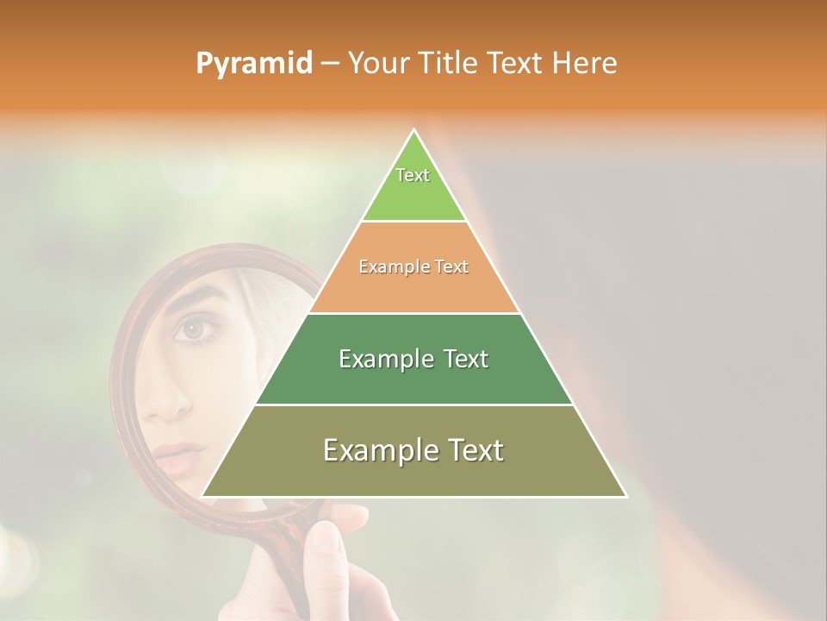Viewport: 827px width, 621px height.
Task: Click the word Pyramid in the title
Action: pyautogui.click(x=253, y=64)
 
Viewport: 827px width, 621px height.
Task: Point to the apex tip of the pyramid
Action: pyautogui.click(x=414, y=131)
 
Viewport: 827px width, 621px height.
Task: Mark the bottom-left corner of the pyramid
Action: pyautogui.click(x=204, y=496)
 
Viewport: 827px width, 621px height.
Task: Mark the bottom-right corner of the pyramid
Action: pyautogui.click(x=625, y=496)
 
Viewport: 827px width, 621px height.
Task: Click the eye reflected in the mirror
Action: pyautogui.click(x=191, y=329)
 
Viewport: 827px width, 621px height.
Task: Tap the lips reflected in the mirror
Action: pyautogui.click(x=178, y=458)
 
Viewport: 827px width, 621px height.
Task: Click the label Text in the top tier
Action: pyautogui.click(x=413, y=175)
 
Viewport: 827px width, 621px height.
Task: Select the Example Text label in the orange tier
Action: pyautogui.click(x=413, y=267)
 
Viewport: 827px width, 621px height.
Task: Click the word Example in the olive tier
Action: pyautogui.click(x=376, y=450)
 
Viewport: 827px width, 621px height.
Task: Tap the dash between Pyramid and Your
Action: pyautogui.click(x=330, y=64)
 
